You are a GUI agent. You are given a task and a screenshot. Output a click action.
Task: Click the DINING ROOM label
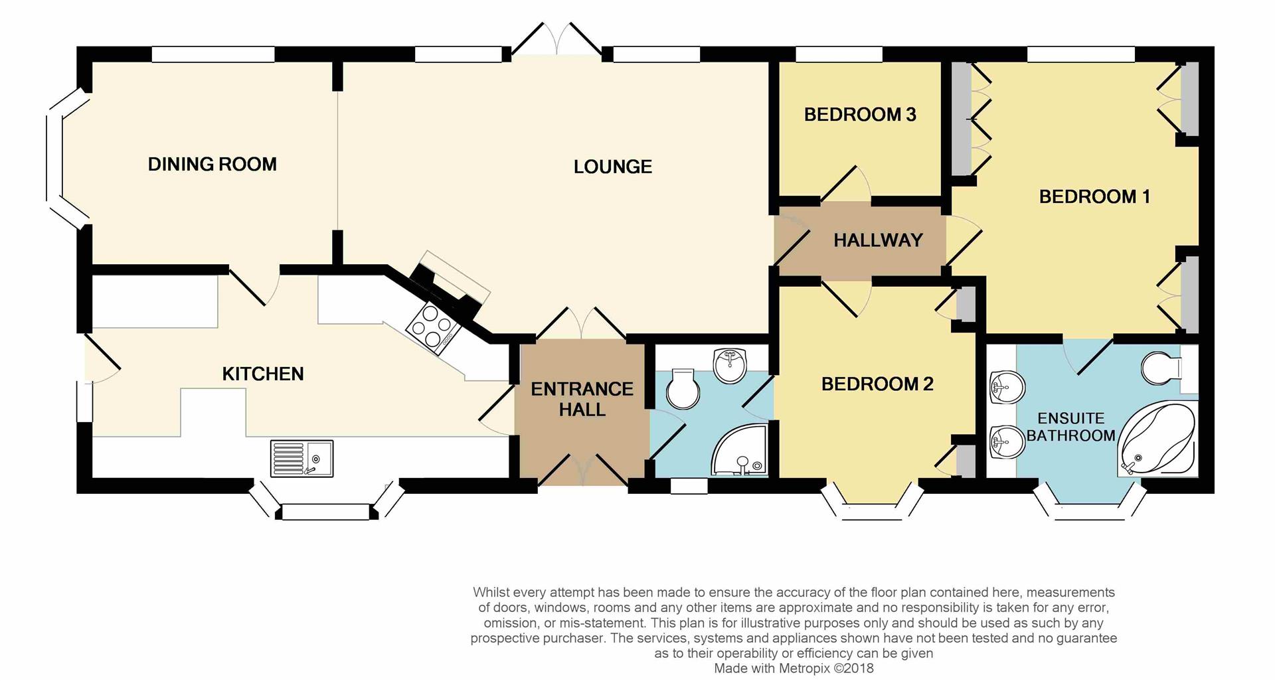212,164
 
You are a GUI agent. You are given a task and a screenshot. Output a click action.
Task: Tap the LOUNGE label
612,167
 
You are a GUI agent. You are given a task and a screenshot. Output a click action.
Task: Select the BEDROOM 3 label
860,115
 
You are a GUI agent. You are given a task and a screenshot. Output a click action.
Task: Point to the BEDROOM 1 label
1094,196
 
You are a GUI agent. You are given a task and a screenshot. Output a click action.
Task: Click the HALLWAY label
878,240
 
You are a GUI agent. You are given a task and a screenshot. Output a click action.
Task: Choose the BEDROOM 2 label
877,384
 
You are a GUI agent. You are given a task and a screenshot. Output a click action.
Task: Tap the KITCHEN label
263,374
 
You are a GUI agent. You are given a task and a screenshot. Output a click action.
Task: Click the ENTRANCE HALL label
582,399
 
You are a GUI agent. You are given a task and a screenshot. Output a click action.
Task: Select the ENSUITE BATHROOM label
1070,427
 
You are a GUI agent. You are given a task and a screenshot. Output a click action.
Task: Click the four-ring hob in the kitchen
432,326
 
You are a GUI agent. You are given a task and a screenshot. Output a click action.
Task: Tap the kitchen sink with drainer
301,458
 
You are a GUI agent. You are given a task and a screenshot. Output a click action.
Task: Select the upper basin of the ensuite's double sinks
1006,388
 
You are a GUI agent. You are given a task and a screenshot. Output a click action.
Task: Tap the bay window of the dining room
66,159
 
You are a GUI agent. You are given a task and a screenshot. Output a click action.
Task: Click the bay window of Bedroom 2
873,502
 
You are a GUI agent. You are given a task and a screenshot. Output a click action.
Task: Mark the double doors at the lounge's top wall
556,38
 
